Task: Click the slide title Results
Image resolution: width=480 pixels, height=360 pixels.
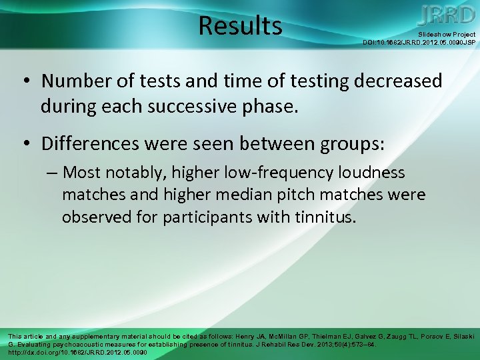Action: click(240, 26)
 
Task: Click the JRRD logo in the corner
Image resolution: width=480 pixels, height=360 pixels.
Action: click(447, 15)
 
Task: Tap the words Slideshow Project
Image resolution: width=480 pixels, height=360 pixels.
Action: click(447, 34)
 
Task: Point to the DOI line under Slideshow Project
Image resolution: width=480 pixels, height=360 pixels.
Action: click(419, 42)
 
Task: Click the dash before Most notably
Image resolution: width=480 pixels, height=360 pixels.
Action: click(52, 173)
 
